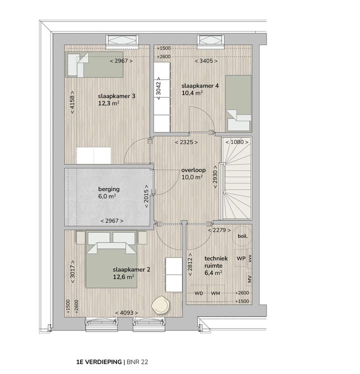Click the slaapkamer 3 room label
(117, 96)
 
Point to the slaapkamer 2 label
(131, 269)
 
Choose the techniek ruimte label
(216, 258)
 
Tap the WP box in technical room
(240, 258)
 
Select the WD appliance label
(198, 293)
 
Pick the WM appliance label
(215, 293)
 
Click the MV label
(248, 277)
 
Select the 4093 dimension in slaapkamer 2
(126, 313)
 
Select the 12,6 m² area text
(123, 277)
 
